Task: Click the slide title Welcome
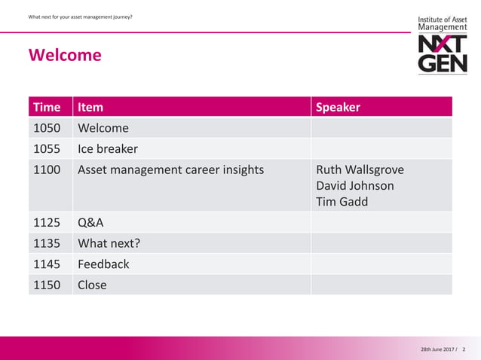pyautogui.click(x=64, y=56)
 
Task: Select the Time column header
pyautogui.click(x=47, y=107)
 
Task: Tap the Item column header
pyautogui.click(x=90, y=107)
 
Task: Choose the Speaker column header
pyautogui.click(x=338, y=107)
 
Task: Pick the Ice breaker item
pyautogui.click(x=108, y=148)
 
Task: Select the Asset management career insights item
pyautogui.click(x=170, y=169)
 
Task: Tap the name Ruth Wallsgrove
pyautogui.click(x=360, y=169)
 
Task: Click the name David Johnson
pyautogui.click(x=354, y=185)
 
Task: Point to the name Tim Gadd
pyautogui.click(x=342, y=202)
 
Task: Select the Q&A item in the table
pyautogui.click(x=90, y=222)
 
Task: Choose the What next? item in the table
pyautogui.click(x=109, y=243)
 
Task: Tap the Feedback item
pyautogui.click(x=103, y=264)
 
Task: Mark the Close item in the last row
pyautogui.click(x=92, y=285)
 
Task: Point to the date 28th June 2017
pyautogui.click(x=438, y=350)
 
